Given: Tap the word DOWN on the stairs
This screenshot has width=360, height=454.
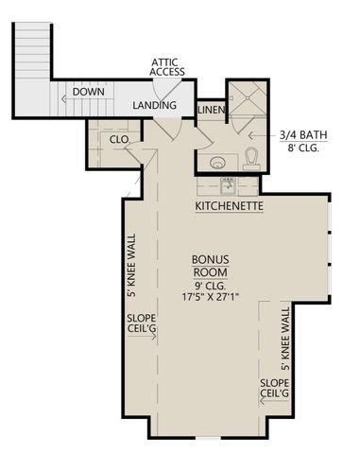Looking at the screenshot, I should (x=89, y=93).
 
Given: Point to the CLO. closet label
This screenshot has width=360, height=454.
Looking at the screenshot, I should (x=119, y=139).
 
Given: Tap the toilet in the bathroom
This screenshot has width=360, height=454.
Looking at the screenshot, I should (x=252, y=156).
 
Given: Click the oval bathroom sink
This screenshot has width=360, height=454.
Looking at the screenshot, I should (x=217, y=161).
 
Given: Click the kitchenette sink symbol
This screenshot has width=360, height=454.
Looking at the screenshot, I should (x=229, y=185).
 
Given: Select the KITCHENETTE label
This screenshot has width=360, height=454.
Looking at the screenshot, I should (x=229, y=205).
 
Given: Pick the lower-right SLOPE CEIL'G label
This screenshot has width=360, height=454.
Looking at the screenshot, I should (x=275, y=388).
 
